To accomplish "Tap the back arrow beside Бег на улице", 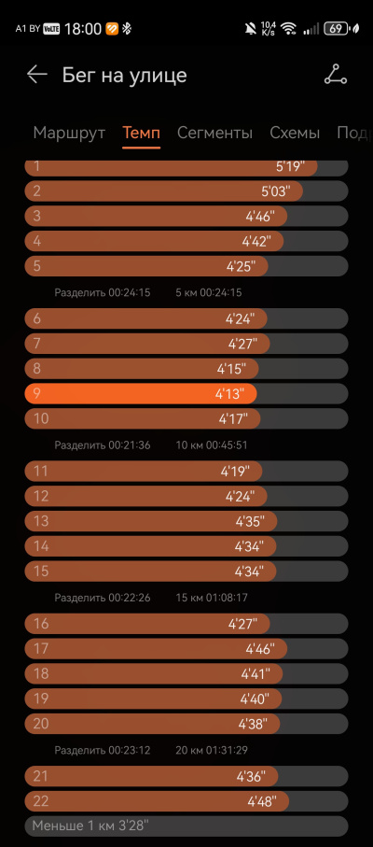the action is tap(37, 75).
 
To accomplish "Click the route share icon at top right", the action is tap(336, 75).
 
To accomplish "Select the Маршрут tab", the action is tap(69, 133).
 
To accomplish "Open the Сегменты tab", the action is tap(214, 133).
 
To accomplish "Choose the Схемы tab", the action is tap(295, 133).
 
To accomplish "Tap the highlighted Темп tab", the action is tap(141, 133).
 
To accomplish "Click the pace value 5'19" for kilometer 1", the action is tap(290, 166).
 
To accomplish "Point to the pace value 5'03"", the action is tap(275, 191).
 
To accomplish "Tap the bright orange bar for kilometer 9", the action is tap(141, 394).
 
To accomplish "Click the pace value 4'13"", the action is tap(229, 394).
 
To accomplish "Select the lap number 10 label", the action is tap(41, 418).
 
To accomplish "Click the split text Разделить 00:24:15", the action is tap(103, 293).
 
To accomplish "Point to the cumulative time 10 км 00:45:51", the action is tap(212, 445).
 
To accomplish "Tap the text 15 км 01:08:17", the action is tap(212, 598).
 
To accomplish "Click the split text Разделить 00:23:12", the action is tap(103, 750).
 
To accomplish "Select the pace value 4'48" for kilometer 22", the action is tap(262, 801).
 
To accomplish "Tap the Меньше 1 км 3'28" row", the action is tap(186, 826).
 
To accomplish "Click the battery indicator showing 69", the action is tap(336, 29).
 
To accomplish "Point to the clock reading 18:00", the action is tap(83, 29).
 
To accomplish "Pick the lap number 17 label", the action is tap(41, 649).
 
